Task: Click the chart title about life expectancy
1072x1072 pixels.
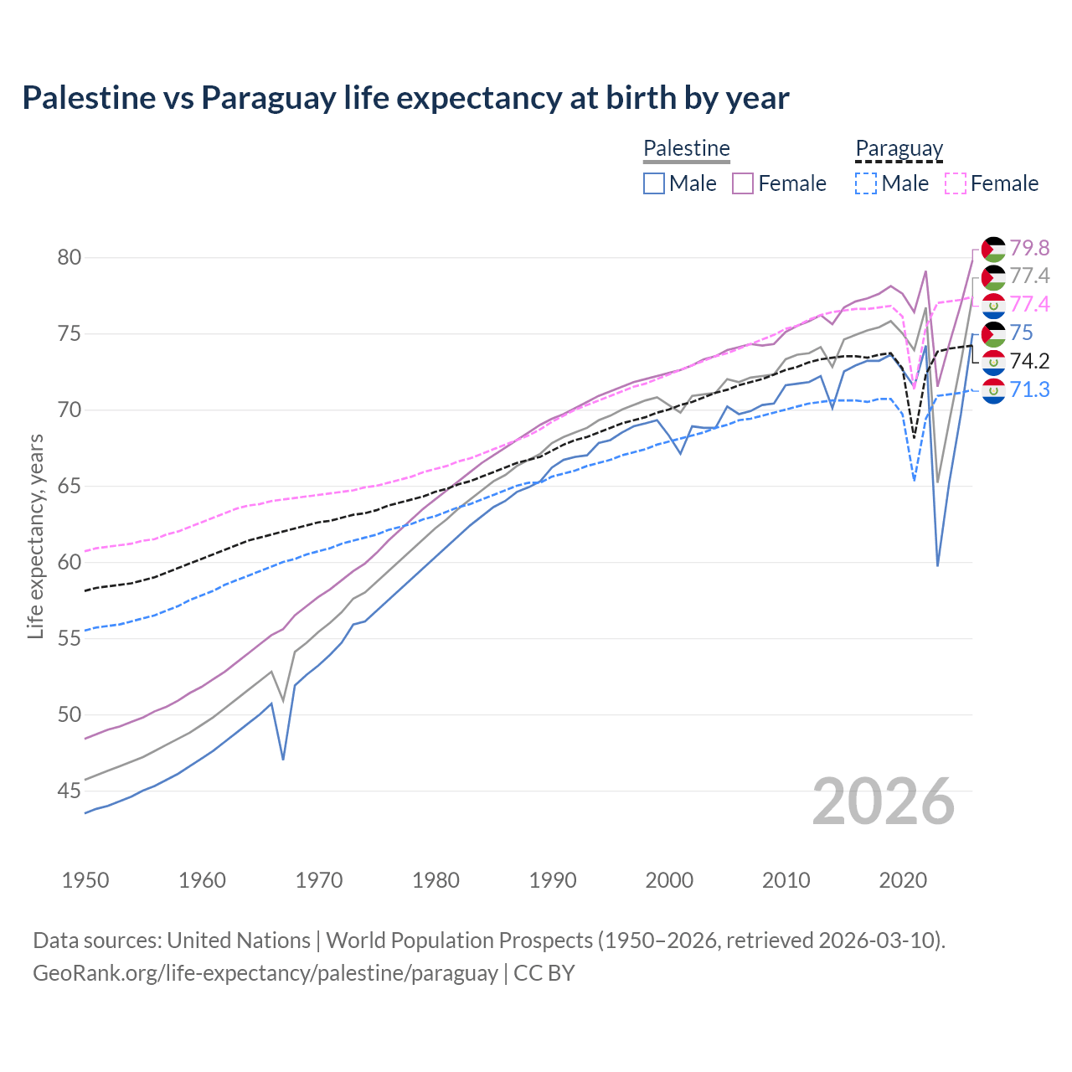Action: (x=405, y=98)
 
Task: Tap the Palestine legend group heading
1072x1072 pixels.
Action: (x=687, y=149)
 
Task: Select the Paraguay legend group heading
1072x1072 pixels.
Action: (x=899, y=149)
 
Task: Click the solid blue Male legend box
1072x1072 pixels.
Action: (x=654, y=183)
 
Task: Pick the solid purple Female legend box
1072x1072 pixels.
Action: (x=743, y=183)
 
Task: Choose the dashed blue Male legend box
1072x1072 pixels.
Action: (x=866, y=183)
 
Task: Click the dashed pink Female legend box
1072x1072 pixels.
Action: (x=955, y=183)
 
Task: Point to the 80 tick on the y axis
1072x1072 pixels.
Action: (x=70, y=257)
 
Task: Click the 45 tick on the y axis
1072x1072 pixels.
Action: (x=70, y=791)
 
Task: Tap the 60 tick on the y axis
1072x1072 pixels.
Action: (x=70, y=562)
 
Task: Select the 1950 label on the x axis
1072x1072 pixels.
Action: (x=85, y=880)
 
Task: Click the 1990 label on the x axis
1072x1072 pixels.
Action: (x=553, y=880)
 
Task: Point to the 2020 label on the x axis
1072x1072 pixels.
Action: (x=903, y=880)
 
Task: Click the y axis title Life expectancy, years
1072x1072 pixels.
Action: (x=35, y=536)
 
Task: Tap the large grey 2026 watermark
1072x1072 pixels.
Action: (x=884, y=801)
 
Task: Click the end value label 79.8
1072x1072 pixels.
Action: (x=1029, y=248)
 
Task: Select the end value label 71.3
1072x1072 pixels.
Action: (x=1029, y=389)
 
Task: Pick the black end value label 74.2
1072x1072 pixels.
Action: (x=1029, y=361)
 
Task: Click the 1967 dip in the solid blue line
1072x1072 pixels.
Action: (x=283, y=759)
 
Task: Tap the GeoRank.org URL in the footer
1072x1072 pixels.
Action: (x=265, y=973)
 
